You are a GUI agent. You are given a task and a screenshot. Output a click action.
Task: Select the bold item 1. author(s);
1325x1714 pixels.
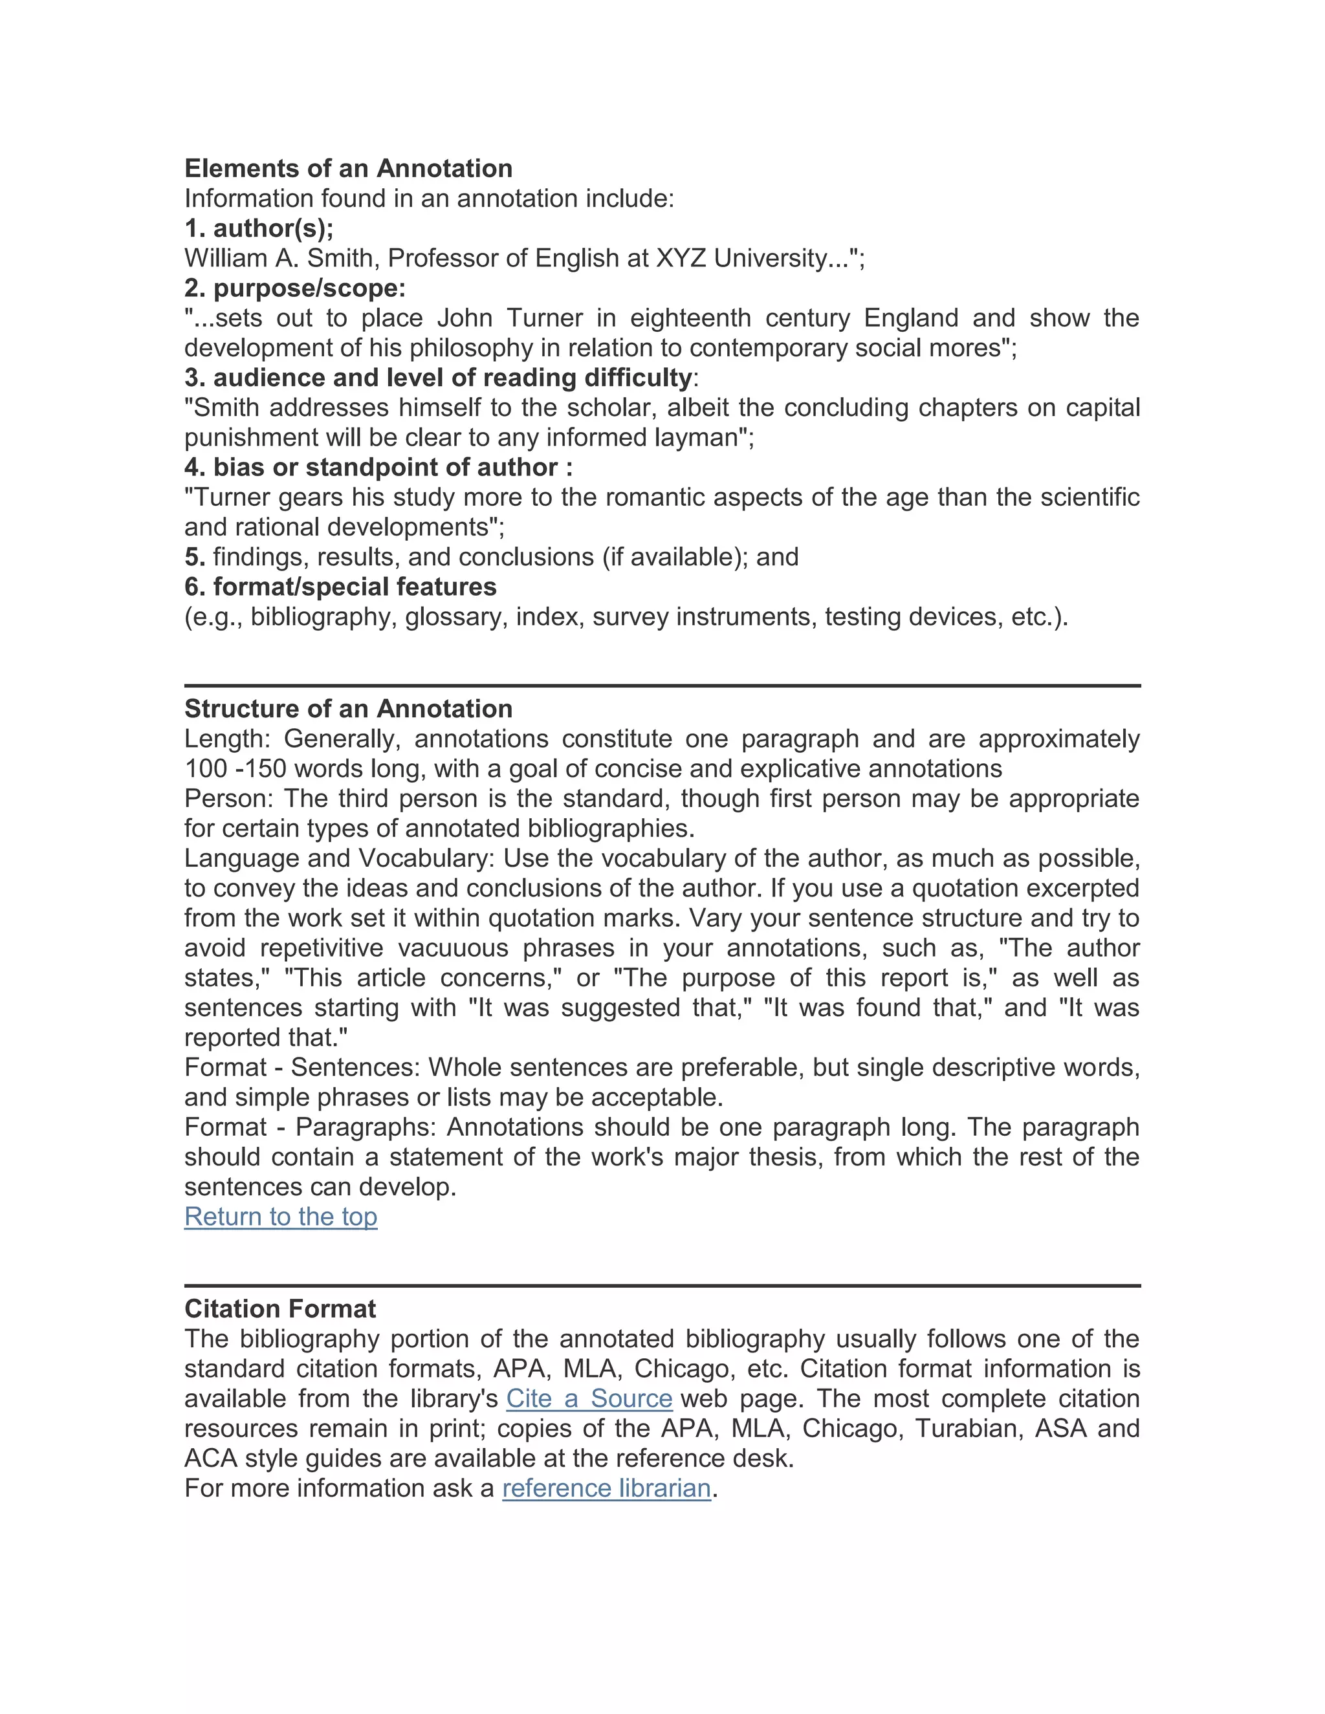tap(259, 228)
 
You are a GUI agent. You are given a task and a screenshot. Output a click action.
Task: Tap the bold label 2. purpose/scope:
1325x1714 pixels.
tap(295, 288)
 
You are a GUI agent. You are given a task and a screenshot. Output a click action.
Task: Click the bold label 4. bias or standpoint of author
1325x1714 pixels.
tap(378, 468)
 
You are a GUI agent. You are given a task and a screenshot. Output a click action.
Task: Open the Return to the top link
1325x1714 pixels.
tap(281, 1217)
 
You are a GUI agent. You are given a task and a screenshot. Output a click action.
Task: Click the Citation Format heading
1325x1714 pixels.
tap(280, 1308)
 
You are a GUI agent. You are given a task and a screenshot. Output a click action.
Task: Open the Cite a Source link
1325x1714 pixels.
tap(589, 1398)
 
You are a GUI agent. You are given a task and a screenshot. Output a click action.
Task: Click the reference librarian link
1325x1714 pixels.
tap(606, 1488)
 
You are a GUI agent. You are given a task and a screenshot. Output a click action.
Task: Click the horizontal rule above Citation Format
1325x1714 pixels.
tap(662, 1286)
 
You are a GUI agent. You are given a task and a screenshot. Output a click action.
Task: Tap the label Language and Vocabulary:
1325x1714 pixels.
tap(339, 858)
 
